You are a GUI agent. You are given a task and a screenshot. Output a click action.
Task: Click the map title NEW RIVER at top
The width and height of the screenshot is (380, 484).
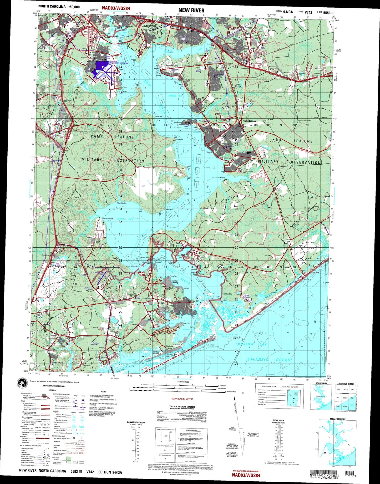(191, 10)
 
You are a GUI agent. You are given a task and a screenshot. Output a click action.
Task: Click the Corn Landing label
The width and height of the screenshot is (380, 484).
(227, 294)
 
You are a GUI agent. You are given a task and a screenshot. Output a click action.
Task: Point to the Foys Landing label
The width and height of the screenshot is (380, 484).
(121, 203)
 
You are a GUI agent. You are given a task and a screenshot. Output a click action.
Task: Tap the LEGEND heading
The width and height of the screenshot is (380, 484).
(52, 390)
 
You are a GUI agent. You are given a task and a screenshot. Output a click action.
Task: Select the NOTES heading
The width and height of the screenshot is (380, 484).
(103, 391)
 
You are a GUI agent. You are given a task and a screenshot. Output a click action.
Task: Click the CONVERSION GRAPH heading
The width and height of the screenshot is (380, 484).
(136, 422)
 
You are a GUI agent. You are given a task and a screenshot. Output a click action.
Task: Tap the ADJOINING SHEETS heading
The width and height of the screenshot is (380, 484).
(346, 384)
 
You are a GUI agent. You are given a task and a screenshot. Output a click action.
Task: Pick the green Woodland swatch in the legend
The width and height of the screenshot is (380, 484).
(69, 458)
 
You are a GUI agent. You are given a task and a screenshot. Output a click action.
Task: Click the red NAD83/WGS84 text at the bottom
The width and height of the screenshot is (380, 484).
(246, 475)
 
